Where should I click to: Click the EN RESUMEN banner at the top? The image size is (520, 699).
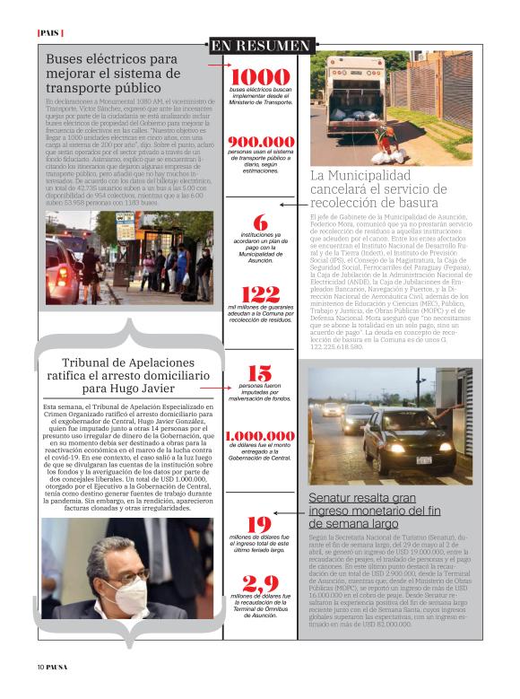tap(261, 45)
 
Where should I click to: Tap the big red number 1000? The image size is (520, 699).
tap(261, 76)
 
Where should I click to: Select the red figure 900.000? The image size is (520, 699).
tap(261, 142)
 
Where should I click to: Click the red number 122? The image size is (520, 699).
tap(261, 294)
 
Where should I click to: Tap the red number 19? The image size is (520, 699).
tap(260, 524)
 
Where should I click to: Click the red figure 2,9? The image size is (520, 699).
tap(261, 583)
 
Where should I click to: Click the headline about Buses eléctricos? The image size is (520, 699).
tap(113, 74)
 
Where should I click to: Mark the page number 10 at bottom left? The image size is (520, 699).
tap(41, 666)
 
